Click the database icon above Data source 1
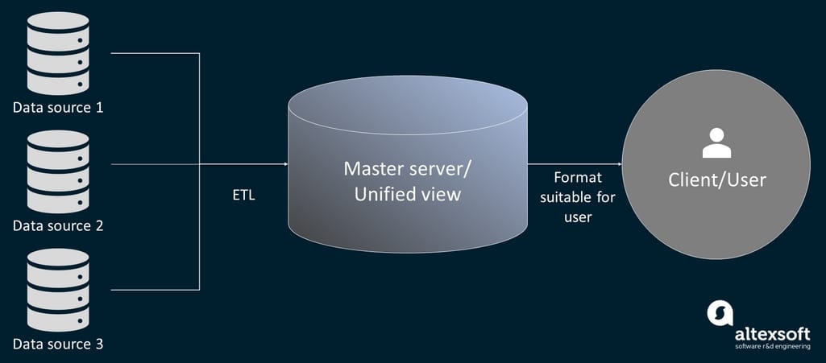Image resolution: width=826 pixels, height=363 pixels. (x=57, y=54)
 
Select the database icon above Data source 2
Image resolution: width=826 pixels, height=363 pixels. (x=57, y=171)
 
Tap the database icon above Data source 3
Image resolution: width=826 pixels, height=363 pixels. (x=57, y=290)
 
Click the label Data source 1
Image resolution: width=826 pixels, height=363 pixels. (x=58, y=107)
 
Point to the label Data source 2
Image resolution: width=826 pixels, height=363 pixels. (x=58, y=225)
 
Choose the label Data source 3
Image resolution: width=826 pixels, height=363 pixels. (x=58, y=344)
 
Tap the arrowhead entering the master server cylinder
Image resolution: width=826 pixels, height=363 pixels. (x=284, y=164)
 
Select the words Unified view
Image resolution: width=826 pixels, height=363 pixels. (x=409, y=194)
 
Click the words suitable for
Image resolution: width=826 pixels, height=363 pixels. (x=577, y=197)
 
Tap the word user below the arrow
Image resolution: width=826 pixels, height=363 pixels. (x=577, y=217)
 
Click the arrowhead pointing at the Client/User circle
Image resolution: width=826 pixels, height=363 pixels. (x=618, y=164)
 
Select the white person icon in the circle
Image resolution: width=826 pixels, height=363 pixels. (x=716, y=144)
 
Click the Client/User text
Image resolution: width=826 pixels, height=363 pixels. (x=716, y=180)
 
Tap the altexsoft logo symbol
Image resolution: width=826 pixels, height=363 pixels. (x=720, y=313)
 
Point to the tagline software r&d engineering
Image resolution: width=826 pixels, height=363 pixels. (x=771, y=347)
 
